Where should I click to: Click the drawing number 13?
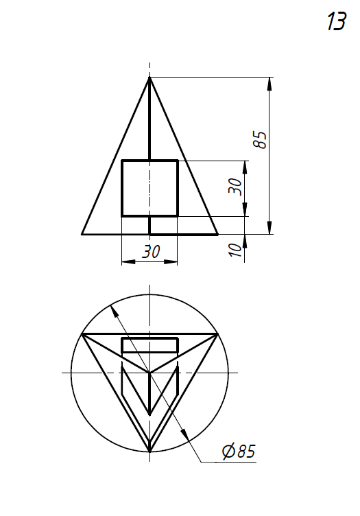point(336,21)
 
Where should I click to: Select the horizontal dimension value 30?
point(152,251)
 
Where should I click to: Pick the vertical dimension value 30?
point(235,187)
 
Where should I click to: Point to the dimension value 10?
point(235,250)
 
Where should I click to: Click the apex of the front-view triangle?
point(149,78)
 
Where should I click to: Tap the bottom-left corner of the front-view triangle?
point(82,234)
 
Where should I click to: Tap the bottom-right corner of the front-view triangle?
point(217,234)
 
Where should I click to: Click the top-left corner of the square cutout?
point(122,161)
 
